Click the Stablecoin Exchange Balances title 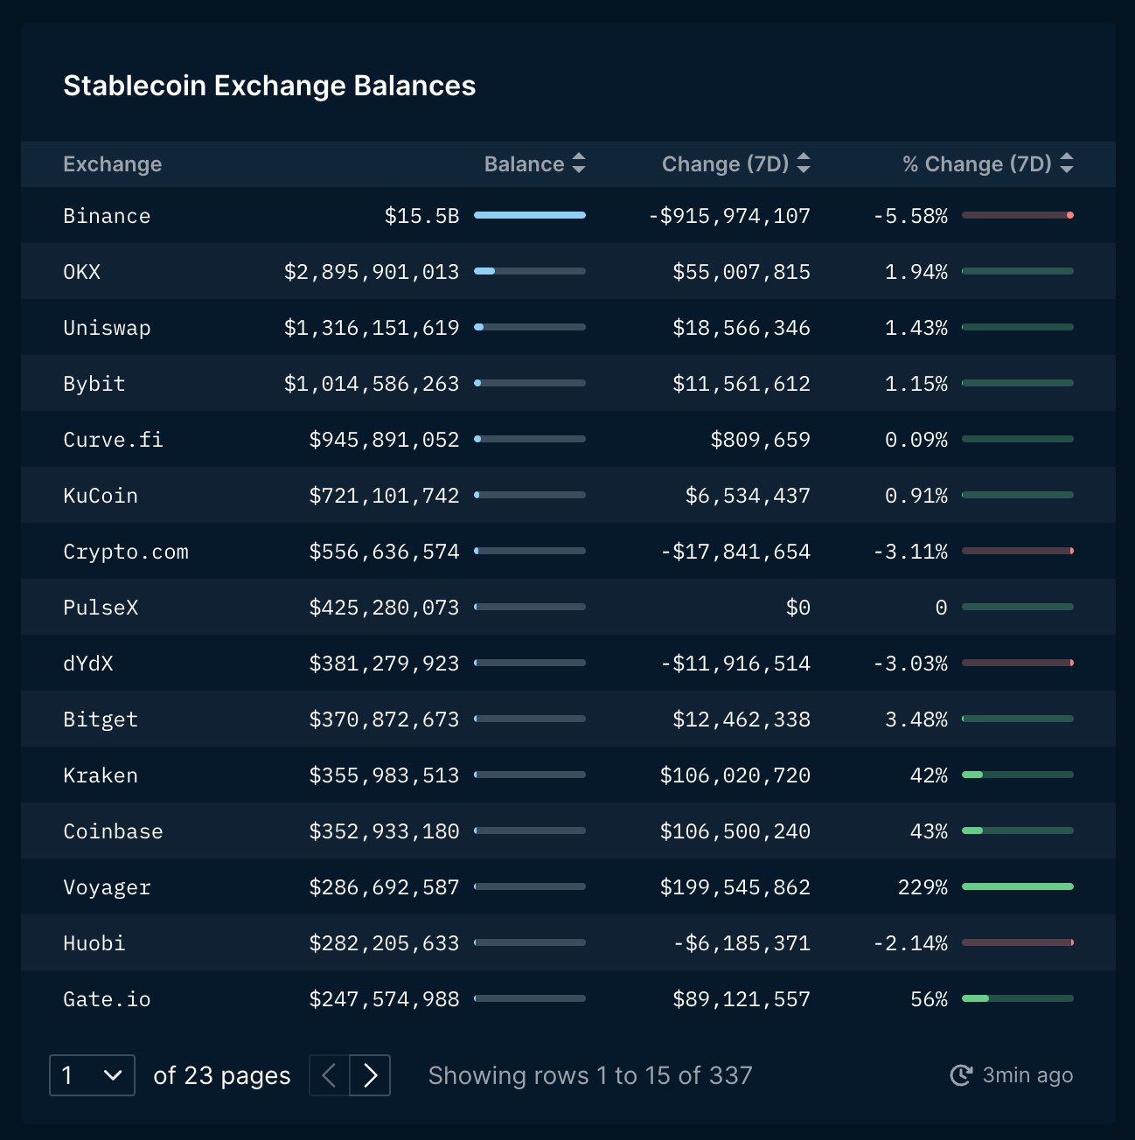point(269,86)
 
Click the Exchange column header point(113,163)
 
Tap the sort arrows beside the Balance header point(579,163)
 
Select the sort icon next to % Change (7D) point(1066,163)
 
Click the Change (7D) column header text point(725,163)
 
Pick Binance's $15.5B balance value point(422,216)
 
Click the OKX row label point(81,272)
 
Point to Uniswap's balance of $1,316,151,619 point(372,328)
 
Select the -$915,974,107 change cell point(729,216)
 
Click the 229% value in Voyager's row point(923,887)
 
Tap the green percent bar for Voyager point(1017,886)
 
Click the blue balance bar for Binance point(530,215)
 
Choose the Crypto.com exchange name point(125,552)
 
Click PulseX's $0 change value point(797,608)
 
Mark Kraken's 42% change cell point(929,775)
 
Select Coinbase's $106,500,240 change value point(735,831)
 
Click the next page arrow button point(370,1075)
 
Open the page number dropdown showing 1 point(93,1075)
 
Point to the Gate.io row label point(107,1000)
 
